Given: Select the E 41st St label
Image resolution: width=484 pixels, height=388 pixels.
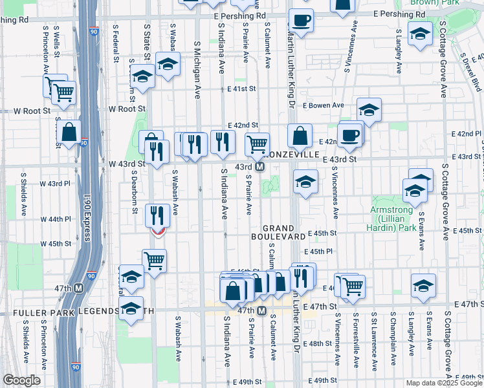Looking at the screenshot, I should click(242, 89).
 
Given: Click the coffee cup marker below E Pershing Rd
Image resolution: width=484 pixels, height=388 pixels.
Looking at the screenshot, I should click(301, 21).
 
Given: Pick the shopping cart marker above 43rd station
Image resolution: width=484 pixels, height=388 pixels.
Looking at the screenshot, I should click(258, 144).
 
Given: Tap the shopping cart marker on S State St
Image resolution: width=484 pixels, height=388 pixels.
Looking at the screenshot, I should click(154, 261).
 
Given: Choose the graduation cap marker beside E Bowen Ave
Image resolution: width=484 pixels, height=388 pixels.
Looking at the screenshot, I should click(369, 110).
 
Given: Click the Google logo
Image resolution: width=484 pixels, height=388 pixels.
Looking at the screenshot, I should click(21, 380).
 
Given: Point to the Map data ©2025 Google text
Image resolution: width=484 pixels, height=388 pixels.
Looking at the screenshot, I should click(443, 383).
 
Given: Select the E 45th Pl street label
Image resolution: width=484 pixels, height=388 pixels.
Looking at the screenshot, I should click(320, 251).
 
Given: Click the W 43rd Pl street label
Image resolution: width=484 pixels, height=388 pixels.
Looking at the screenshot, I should click(56, 184).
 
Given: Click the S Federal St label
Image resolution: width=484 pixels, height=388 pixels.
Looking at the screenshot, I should click(117, 43).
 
